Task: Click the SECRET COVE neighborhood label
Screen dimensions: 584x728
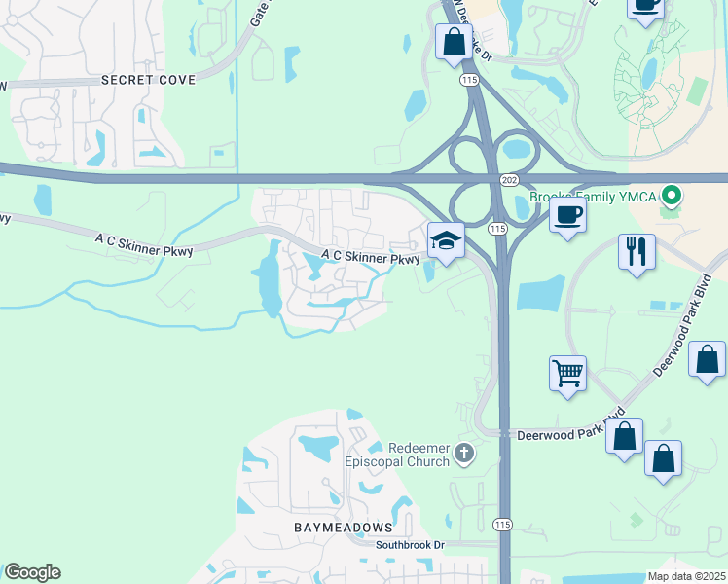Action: pyautogui.click(x=148, y=80)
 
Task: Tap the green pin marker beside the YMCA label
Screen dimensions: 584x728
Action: pyautogui.click(x=672, y=198)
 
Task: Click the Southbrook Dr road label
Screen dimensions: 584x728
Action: pyautogui.click(x=411, y=545)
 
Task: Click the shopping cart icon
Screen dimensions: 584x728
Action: pyautogui.click(x=567, y=371)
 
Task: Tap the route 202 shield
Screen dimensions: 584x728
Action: pyautogui.click(x=511, y=181)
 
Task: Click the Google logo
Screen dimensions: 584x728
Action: pyautogui.click(x=32, y=572)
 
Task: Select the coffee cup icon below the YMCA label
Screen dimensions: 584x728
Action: pyautogui.click(x=567, y=213)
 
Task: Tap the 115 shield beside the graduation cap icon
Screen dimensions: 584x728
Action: pyautogui.click(x=497, y=229)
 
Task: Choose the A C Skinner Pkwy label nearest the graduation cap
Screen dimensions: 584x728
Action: pyautogui.click(x=371, y=259)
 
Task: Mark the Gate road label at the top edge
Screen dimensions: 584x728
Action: pyautogui.click(x=260, y=12)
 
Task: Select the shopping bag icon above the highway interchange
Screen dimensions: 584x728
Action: pyautogui.click(x=455, y=42)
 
